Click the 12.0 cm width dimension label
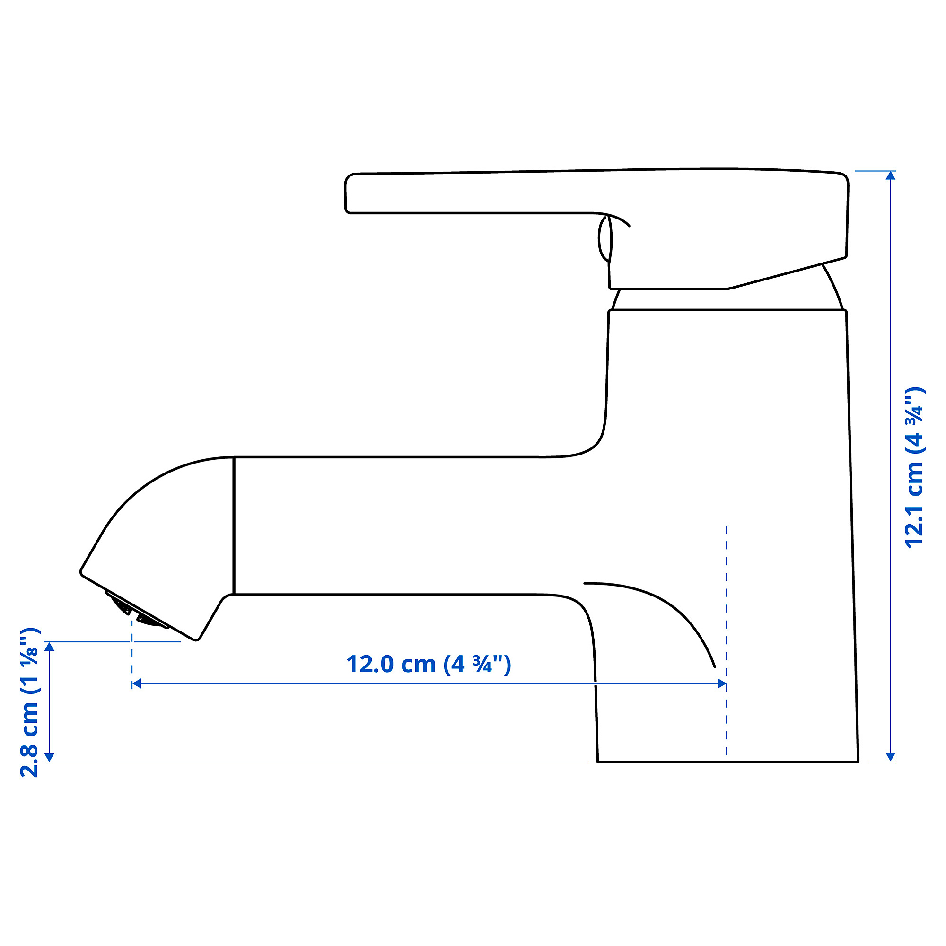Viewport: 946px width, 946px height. (x=429, y=665)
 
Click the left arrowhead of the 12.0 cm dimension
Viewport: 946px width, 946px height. (x=137, y=683)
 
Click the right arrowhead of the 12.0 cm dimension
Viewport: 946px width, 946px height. (x=722, y=683)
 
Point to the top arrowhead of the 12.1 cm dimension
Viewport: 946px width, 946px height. (x=891, y=175)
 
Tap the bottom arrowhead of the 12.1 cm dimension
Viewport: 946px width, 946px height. (x=891, y=757)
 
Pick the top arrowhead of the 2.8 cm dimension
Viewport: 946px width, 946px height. (x=49, y=646)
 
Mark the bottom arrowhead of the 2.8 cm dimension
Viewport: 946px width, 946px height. (x=49, y=757)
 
